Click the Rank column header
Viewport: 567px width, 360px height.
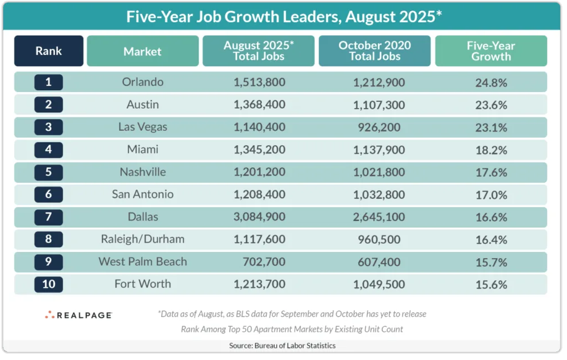[x=49, y=51]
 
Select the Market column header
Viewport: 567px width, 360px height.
[x=142, y=52]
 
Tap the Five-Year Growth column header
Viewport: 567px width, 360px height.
[x=491, y=51]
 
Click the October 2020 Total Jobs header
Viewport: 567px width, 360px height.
[x=374, y=51]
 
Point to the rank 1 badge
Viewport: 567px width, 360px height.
[x=49, y=83]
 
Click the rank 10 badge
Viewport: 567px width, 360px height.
[x=49, y=284]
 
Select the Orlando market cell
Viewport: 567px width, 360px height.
[x=142, y=83]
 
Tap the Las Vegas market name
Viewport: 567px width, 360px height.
[x=142, y=127]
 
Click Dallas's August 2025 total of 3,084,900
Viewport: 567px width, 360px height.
[x=259, y=217]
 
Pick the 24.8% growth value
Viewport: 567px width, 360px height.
[x=491, y=83]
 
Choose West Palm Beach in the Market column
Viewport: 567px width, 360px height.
[x=142, y=262]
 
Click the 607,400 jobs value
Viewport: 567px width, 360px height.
[x=374, y=262]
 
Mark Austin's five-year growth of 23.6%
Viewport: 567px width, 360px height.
[x=491, y=105]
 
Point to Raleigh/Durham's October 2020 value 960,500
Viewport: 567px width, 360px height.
[x=374, y=239]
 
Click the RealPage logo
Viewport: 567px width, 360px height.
[x=79, y=315]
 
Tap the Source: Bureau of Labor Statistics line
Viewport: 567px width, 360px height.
[x=282, y=346]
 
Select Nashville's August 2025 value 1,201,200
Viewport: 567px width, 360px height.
[x=259, y=172]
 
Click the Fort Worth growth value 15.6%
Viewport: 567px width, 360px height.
[x=491, y=284]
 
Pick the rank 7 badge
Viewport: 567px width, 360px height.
[x=49, y=217]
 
